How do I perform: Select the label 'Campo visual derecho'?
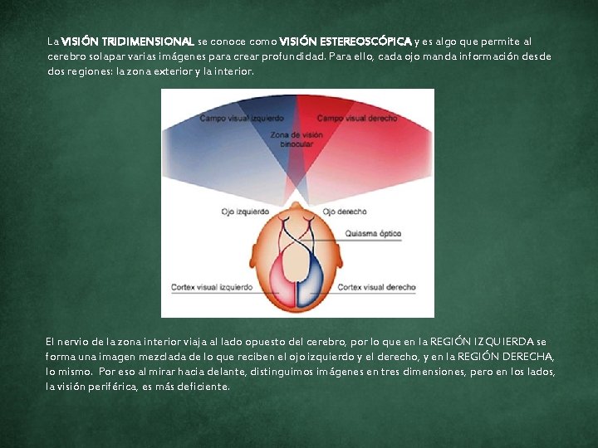(x=357, y=119)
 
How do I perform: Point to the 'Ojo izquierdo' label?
(x=245, y=212)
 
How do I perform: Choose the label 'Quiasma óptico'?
(x=372, y=233)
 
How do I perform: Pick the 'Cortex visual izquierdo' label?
(x=212, y=287)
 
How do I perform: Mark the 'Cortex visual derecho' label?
(x=376, y=287)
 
